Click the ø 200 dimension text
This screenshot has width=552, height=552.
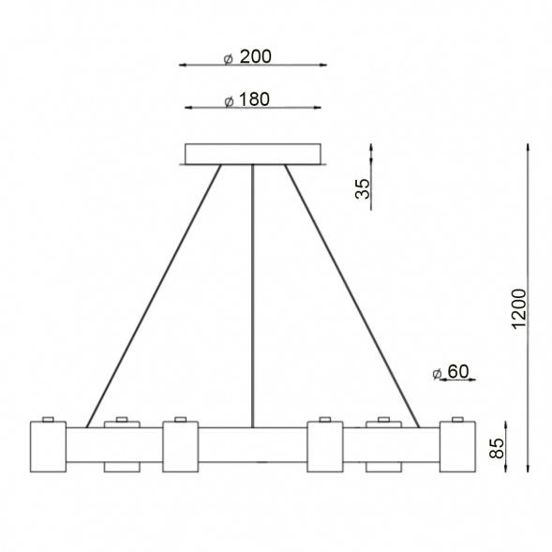pyautogui.click(x=248, y=57)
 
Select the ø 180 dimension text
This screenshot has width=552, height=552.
pyautogui.click(x=248, y=100)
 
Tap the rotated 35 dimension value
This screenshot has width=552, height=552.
pyautogui.click(x=364, y=190)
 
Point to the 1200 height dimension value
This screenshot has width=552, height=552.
pyautogui.click(x=521, y=309)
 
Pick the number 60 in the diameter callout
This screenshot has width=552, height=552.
pyautogui.click(x=457, y=372)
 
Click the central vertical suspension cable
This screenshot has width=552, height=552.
pyautogui.click(x=253, y=300)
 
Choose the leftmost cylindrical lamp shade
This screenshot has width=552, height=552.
pyautogui.click(x=48, y=447)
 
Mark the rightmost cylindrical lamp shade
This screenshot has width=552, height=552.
pyautogui.click(x=457, y=447)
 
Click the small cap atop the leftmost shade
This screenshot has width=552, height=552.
pyautogui.click(x=49, y=419)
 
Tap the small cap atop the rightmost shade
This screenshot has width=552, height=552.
pyautogui.click(x=457, y=419)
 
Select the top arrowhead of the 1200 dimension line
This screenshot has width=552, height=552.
pyautogui.click(x=530, y=147)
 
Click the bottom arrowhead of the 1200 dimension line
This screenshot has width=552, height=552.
pyautogui.click(x=530, y=466)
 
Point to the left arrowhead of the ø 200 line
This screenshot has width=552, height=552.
pyautogui.click(x=182, y=66)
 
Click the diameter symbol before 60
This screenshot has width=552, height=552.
pyautogui.click(x=437, y=373)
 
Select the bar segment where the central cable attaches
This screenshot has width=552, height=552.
pyautogui.click(x=253, y=445)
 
